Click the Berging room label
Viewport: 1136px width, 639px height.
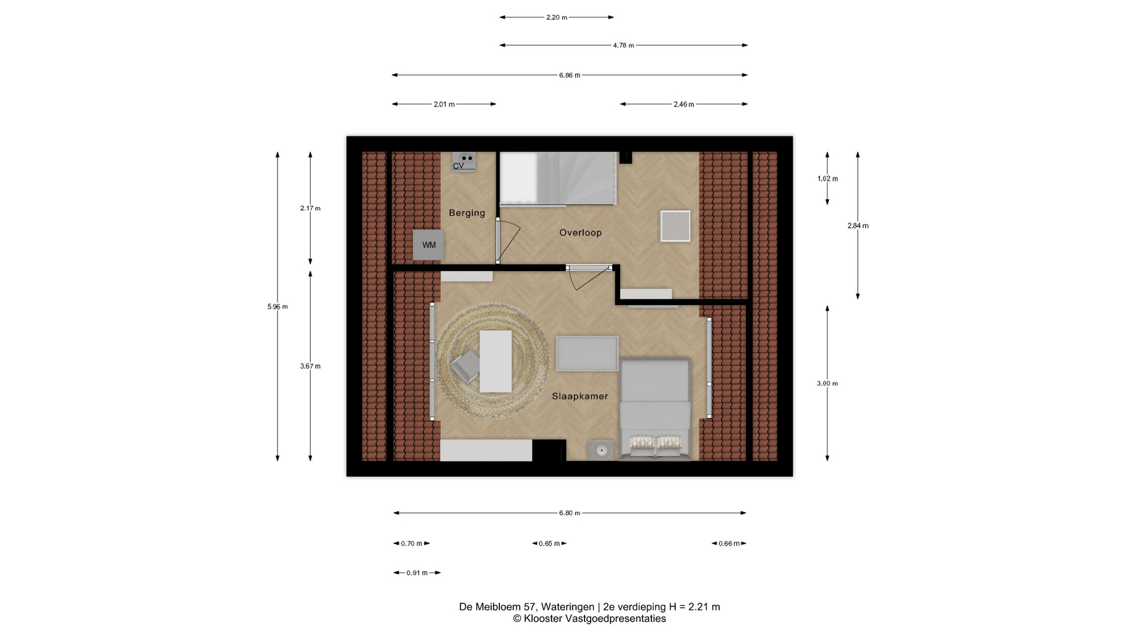point(467,213)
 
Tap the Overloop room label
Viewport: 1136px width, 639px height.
point(580,233)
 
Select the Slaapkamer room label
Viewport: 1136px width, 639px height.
point(580,396)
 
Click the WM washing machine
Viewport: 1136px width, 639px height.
point(428,245)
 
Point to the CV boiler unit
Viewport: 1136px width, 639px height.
point(464,162)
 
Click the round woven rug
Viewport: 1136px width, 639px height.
point(493,362)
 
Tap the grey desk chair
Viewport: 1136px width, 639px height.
point(466,367)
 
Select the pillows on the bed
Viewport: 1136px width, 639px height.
point(655,442)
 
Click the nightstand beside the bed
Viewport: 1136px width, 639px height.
point(601,450)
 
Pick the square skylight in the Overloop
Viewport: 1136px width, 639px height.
point(675,226)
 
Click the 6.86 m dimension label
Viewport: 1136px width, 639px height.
point(570,75)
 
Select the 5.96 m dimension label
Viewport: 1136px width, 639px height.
point(277,306)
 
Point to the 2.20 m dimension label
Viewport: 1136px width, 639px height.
point(557,17)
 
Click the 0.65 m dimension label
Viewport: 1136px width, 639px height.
point(549,543)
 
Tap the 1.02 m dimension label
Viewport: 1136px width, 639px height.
point(828,179)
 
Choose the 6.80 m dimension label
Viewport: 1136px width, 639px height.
point(570,513)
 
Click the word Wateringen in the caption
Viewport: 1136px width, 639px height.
point(567,607)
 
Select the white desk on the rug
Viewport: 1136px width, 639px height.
point(495,362)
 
